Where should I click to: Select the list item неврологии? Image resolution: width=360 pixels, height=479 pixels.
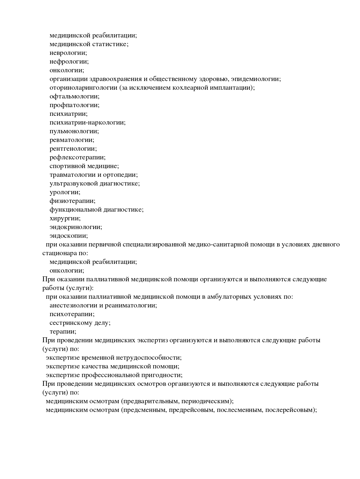[x=68, y=53]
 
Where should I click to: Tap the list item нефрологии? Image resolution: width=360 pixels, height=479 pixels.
[x=69, y=62]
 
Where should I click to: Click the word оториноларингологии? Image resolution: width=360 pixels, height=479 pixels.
[x=83, y=88]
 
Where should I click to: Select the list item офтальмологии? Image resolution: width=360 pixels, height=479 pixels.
[x=74, y=96]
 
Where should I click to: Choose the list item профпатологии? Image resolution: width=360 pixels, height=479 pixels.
[x=74, y=105]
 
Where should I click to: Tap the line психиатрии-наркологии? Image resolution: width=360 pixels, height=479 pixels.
[x=87, y=123]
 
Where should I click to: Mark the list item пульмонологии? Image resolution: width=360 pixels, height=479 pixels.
[x=74, y=131]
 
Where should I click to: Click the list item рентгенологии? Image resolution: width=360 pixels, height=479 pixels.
[x=73, y=149]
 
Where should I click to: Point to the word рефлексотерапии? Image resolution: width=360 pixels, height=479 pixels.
[x=78, y=157]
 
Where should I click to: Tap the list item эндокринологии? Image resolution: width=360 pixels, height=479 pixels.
[x=76, y=227]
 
